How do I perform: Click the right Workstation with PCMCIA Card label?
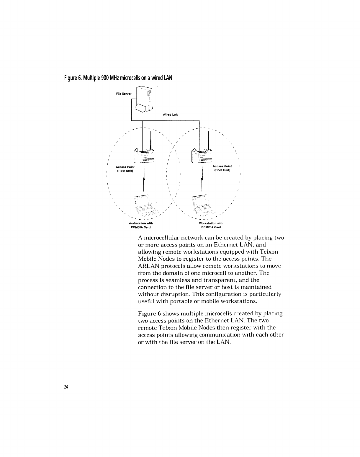click(211, 225)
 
